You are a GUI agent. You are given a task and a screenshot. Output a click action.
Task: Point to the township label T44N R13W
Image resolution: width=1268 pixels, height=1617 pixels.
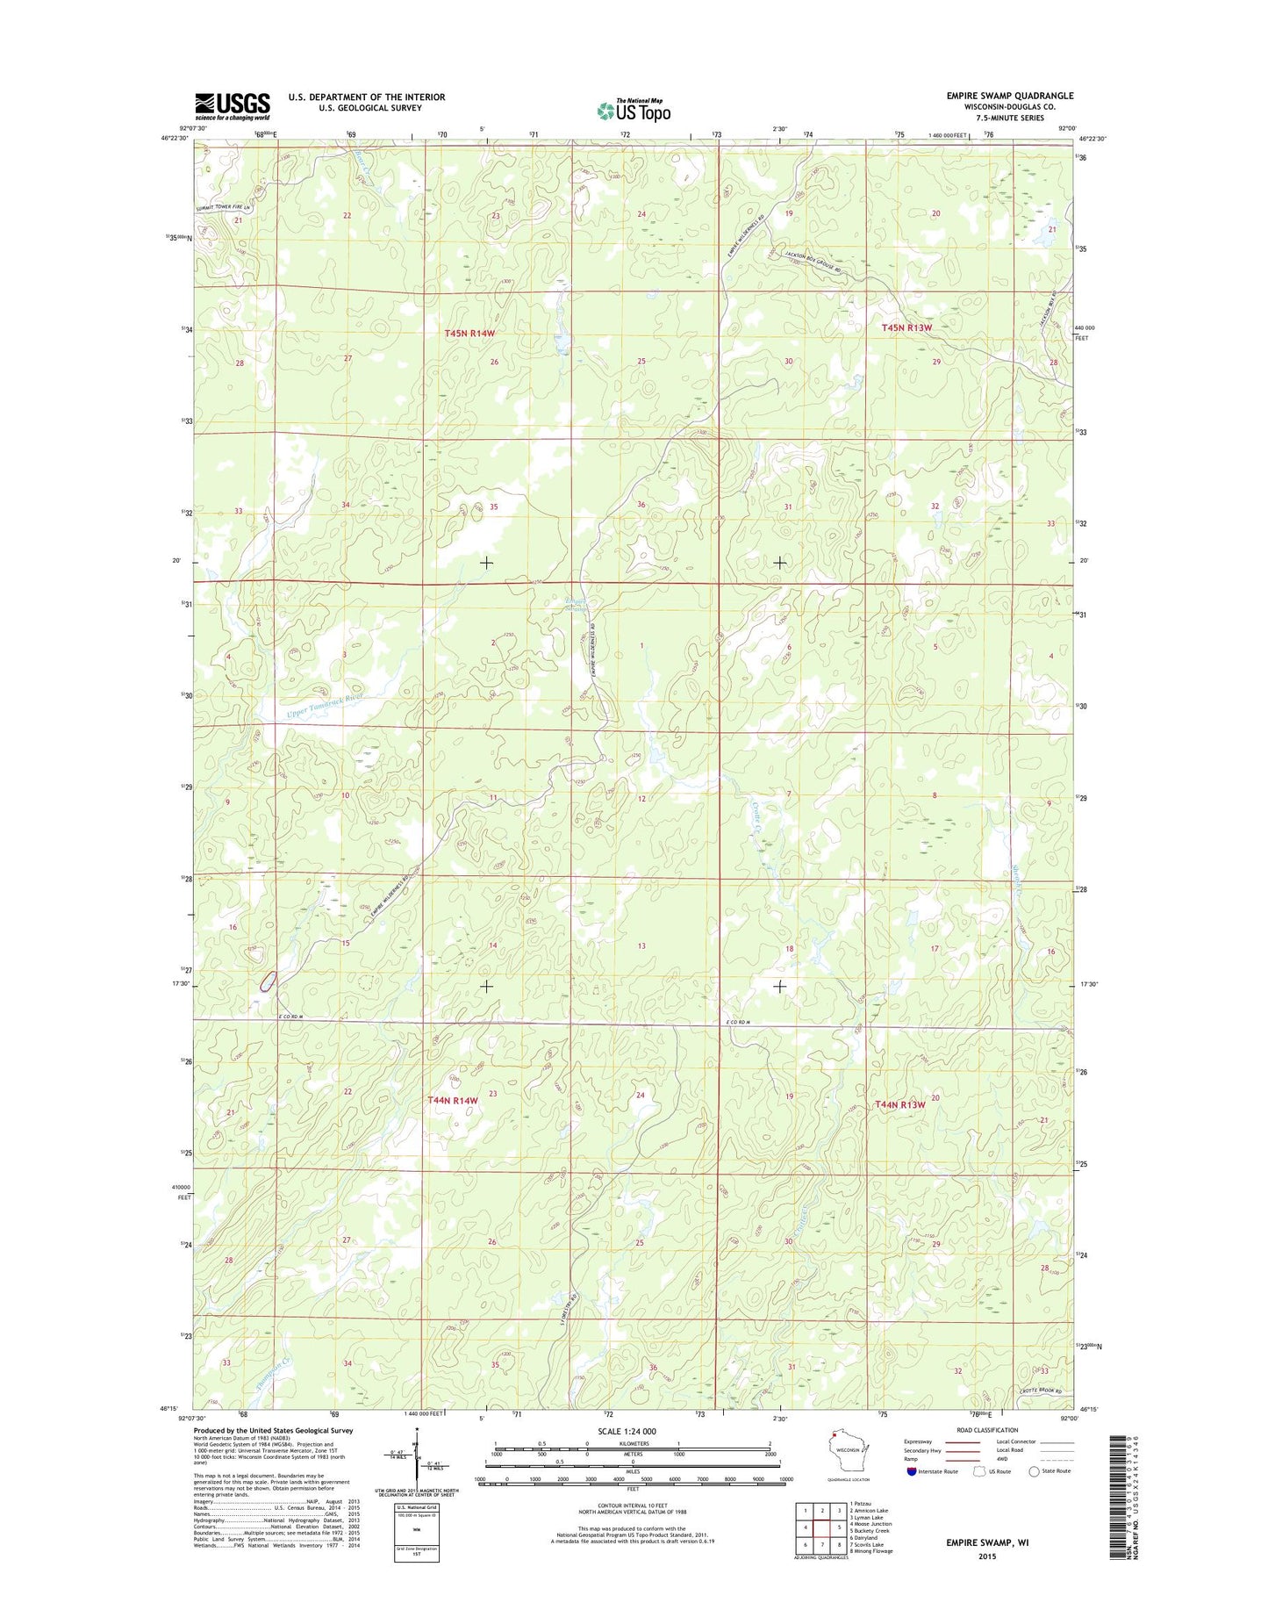tap(900, 1104)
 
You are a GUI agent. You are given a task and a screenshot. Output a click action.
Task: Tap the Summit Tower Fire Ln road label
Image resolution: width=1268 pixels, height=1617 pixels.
tap(223, 208)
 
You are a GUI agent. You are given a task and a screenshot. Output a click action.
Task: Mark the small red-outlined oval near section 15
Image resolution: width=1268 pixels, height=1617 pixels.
tap(268, 981)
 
